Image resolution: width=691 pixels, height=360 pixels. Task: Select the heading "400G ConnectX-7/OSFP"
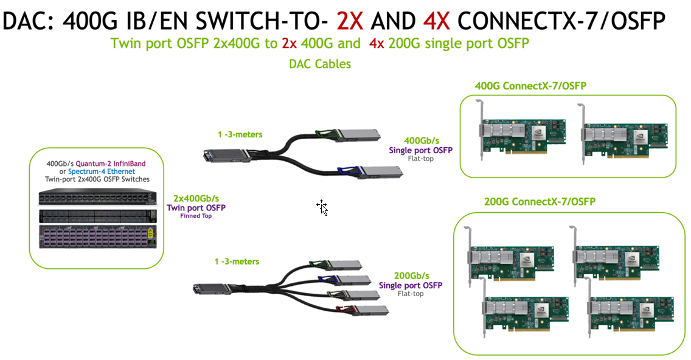(x=530, y=86)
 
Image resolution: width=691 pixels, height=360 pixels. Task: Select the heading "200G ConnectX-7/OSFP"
(x=540, y=201)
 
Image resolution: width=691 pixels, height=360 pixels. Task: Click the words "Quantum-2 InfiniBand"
(x=111, y=164)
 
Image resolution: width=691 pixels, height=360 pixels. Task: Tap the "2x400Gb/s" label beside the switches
(x=196, y=198)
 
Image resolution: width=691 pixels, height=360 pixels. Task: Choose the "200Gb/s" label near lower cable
(x=412, y=275)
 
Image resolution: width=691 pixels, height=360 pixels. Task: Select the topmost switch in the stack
(x=97, y=197)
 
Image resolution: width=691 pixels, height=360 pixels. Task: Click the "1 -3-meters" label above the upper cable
(x=240, y=134)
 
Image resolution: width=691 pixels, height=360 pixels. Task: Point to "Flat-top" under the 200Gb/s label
(x=411, y=294)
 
